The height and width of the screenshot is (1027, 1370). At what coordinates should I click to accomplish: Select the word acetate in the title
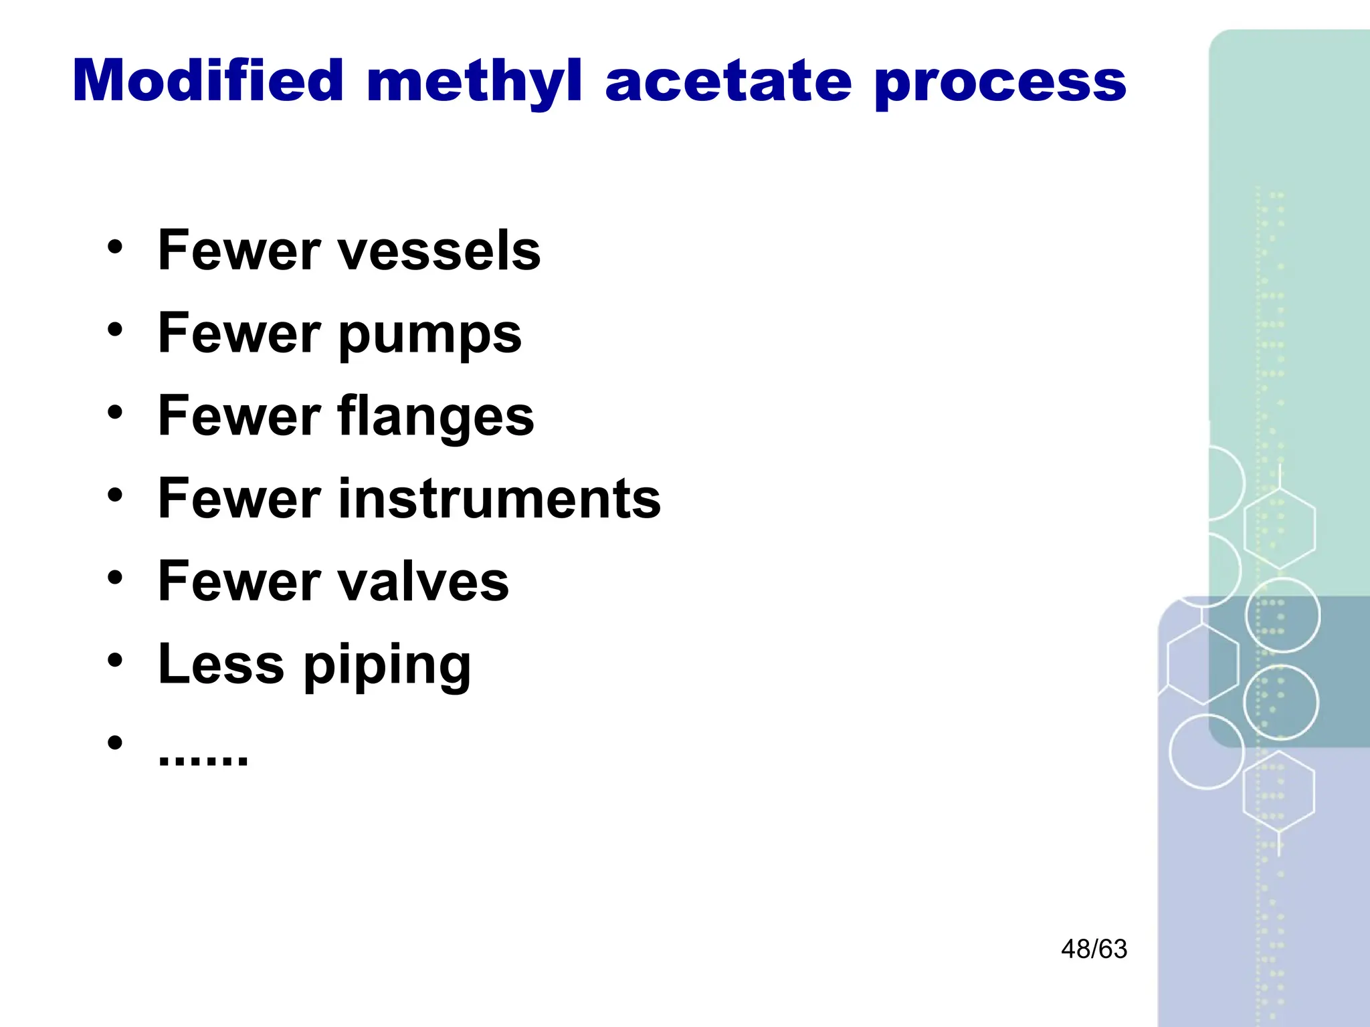point(728,82)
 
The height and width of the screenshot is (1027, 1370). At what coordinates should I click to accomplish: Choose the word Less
point(221,664)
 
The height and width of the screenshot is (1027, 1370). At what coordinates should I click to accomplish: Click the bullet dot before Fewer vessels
point(115,247)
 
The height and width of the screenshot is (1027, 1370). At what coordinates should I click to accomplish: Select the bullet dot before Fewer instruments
point(115,495)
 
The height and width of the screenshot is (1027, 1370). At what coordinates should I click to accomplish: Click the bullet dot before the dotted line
point(115,743)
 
